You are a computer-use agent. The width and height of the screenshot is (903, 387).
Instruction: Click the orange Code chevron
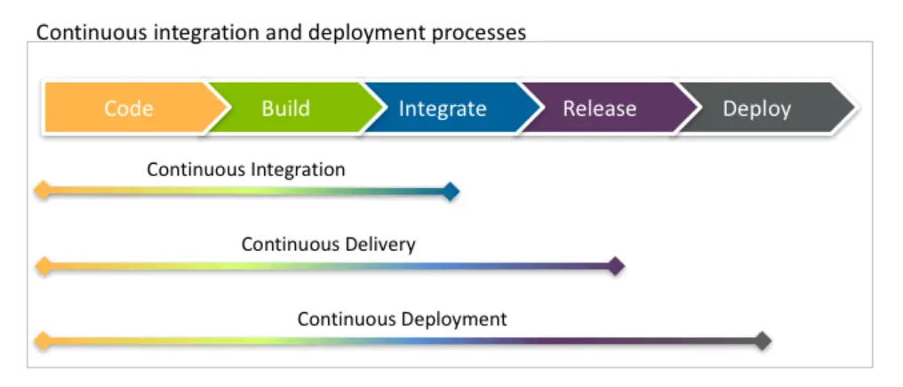pyautogui.click(x=128, y=109)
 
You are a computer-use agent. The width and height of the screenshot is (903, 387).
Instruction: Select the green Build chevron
pyautogui.click(x=285, y=109)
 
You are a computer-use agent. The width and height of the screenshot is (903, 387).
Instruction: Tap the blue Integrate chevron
pyautogui.click(x=443, y=109)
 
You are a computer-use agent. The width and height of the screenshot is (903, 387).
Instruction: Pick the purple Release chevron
pyautogui.click(x=599, y=109)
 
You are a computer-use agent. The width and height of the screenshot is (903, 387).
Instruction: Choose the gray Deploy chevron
pyautogui.click(x=756, y=109)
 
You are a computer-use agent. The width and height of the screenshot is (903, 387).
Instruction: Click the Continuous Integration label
pyautogui.click(x=246, y=169)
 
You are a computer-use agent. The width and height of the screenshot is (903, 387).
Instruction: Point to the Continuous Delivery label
pyautogui.click(x=328, y=244)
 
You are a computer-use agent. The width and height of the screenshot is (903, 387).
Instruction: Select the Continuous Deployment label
pyautogui.click(x=402, y=318)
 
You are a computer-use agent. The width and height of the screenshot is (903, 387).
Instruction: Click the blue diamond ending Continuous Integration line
pyautogui.click(x=451, y=191)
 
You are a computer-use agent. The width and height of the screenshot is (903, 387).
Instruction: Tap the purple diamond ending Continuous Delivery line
pyautogui.click(x=615, y=266)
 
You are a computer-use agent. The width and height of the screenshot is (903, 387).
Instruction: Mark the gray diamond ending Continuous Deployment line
pyautogui.click(x=762, y=341)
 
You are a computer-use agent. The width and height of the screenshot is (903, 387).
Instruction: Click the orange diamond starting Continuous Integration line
pyautogui.click(x=41, y=190)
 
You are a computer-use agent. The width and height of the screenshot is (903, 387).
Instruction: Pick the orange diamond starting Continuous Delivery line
pyautogui.click(x=41, y=265)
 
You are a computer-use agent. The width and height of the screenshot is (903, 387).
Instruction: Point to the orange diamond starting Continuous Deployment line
pyautogui.click(x=41, y=340)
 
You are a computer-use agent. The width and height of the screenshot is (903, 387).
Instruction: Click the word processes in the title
pyautogui.click(x=481, y=33)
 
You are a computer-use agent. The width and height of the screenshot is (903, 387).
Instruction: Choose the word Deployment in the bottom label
pyautogui.click(x=454, y=318)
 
